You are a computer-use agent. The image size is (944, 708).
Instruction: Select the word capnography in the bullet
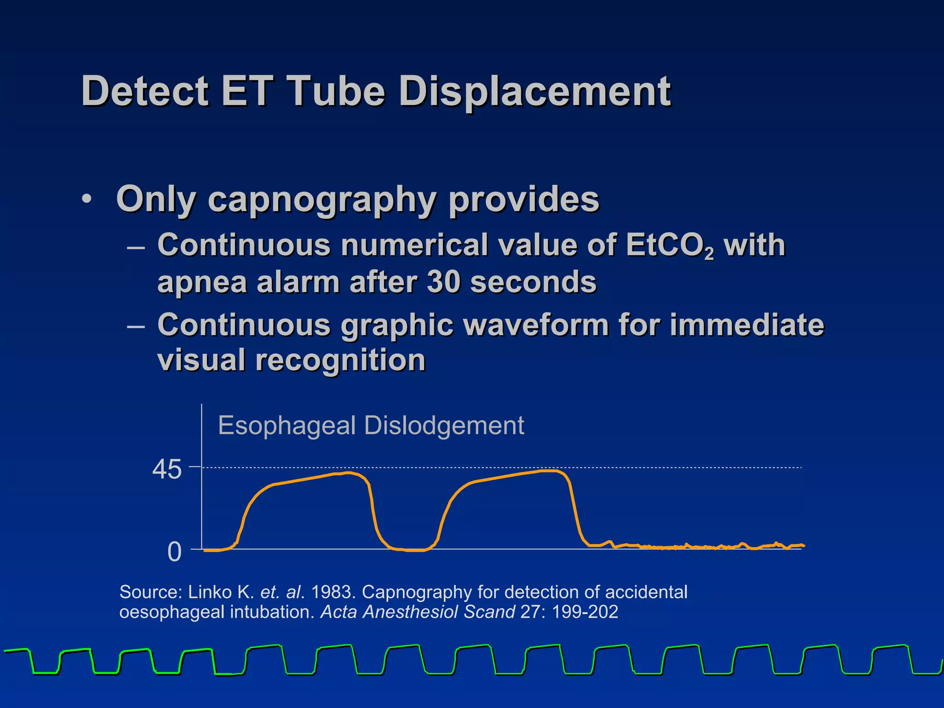tap(322, 199)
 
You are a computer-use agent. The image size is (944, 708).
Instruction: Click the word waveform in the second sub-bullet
tap(536, 325)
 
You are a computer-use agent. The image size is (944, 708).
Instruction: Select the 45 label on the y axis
tap(167, 470)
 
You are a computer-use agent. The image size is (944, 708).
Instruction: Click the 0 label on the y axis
tap(175, 552)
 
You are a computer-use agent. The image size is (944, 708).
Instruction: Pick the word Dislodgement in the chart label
tap(444, 425)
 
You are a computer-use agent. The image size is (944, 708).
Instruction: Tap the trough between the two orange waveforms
tap(413, 550)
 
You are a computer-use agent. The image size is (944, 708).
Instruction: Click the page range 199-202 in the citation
tap(585, 612)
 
